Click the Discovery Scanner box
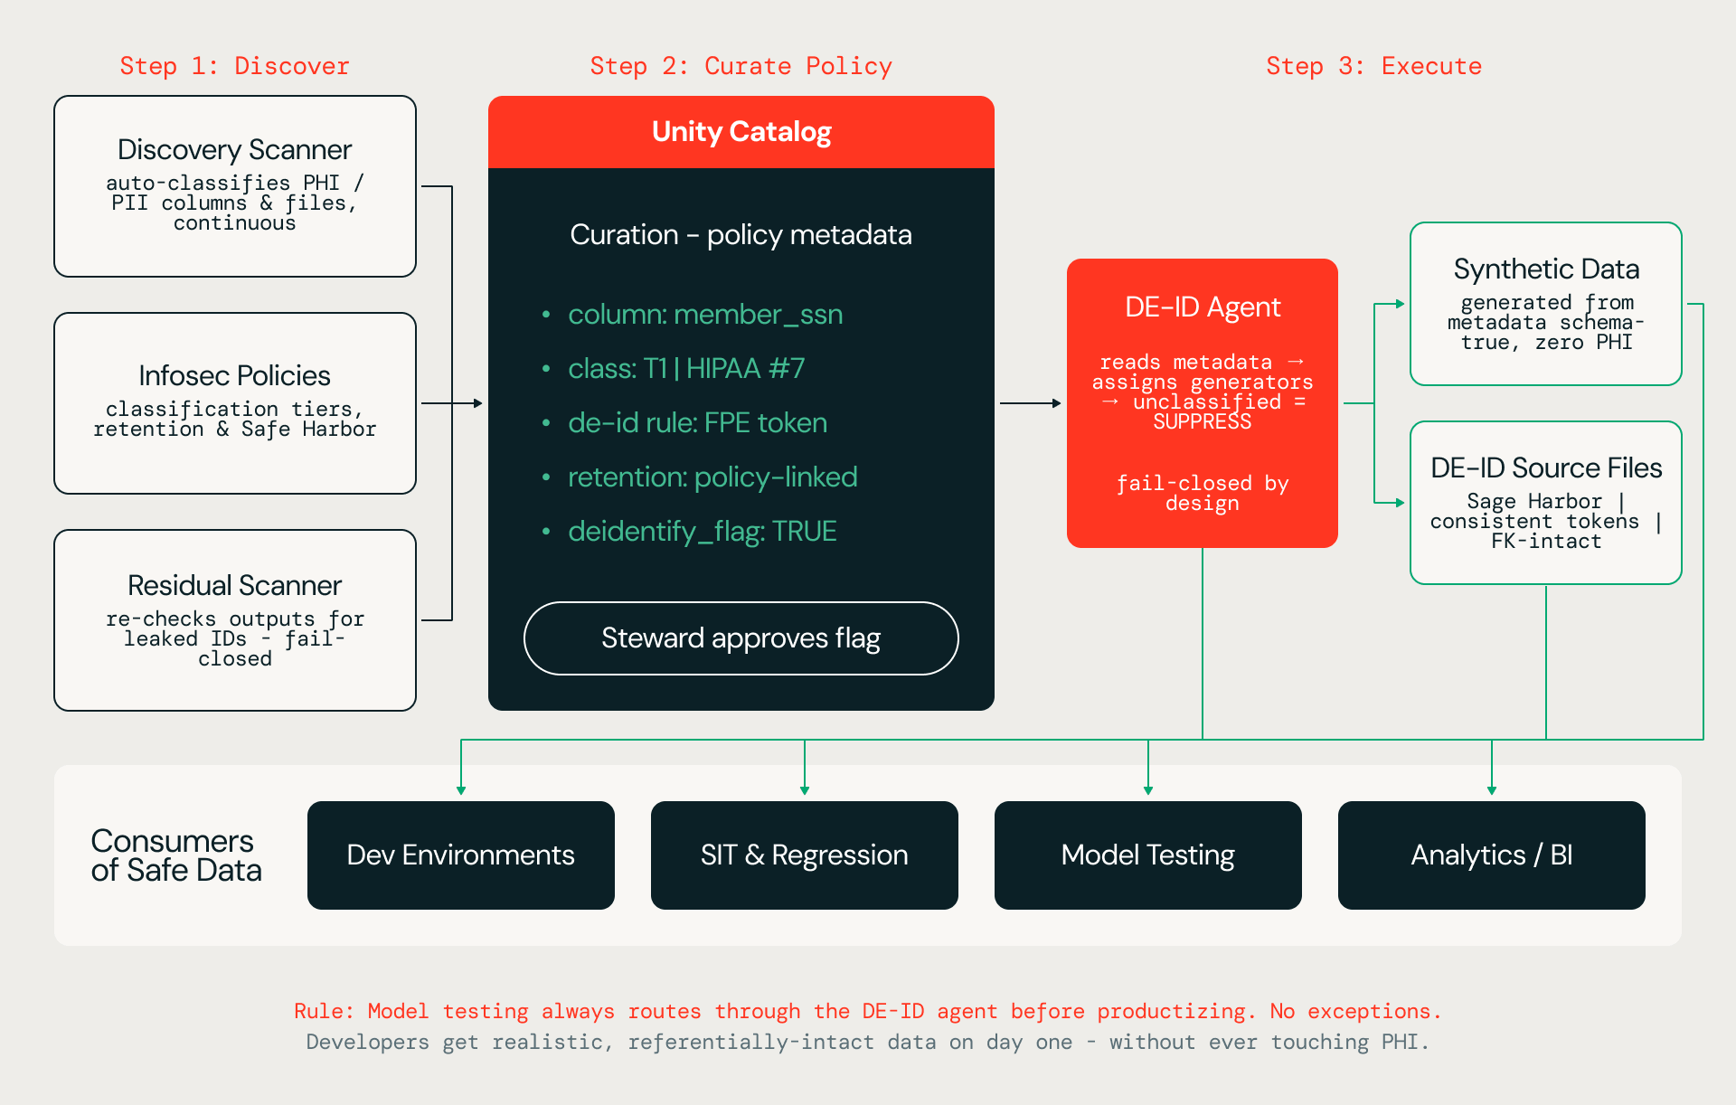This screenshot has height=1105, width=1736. coord(235,186)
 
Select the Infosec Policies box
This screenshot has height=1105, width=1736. coord(235,403)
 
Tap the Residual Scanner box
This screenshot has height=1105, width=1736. coord(235,620)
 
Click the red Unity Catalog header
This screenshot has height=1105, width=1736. coord(741,132)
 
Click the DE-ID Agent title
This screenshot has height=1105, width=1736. coord(1203,307)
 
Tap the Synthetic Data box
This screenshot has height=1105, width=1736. coord(1546,304)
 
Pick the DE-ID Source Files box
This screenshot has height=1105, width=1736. coord(1546,503)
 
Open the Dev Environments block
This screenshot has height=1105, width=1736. coord(461,855)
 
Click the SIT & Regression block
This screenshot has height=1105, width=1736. coord(805,855)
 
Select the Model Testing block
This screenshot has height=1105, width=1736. coord(1148,855)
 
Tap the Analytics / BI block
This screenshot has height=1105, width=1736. coord(1492,855)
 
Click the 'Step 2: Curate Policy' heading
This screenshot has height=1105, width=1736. coord(741,66)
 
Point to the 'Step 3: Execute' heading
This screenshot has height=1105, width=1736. coord(1374,66)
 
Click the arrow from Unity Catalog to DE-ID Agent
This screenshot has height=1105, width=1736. coord(1031,403)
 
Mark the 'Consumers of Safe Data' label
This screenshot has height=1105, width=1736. coord(176,855)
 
